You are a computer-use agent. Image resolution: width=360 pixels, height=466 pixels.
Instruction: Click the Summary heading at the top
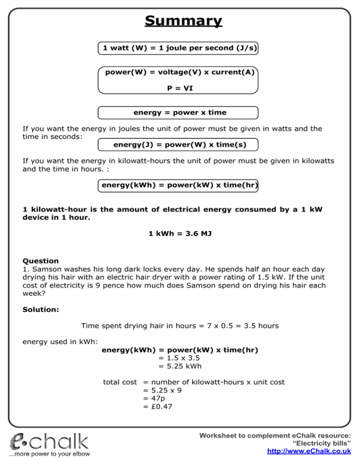[x=183, y=21]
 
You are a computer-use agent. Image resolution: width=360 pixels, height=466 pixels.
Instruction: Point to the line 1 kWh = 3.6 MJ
[x=180, y=233]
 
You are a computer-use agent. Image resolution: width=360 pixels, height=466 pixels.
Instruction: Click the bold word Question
[x=41, y=261]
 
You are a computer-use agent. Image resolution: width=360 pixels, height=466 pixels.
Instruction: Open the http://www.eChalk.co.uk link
[x=309, y=451]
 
